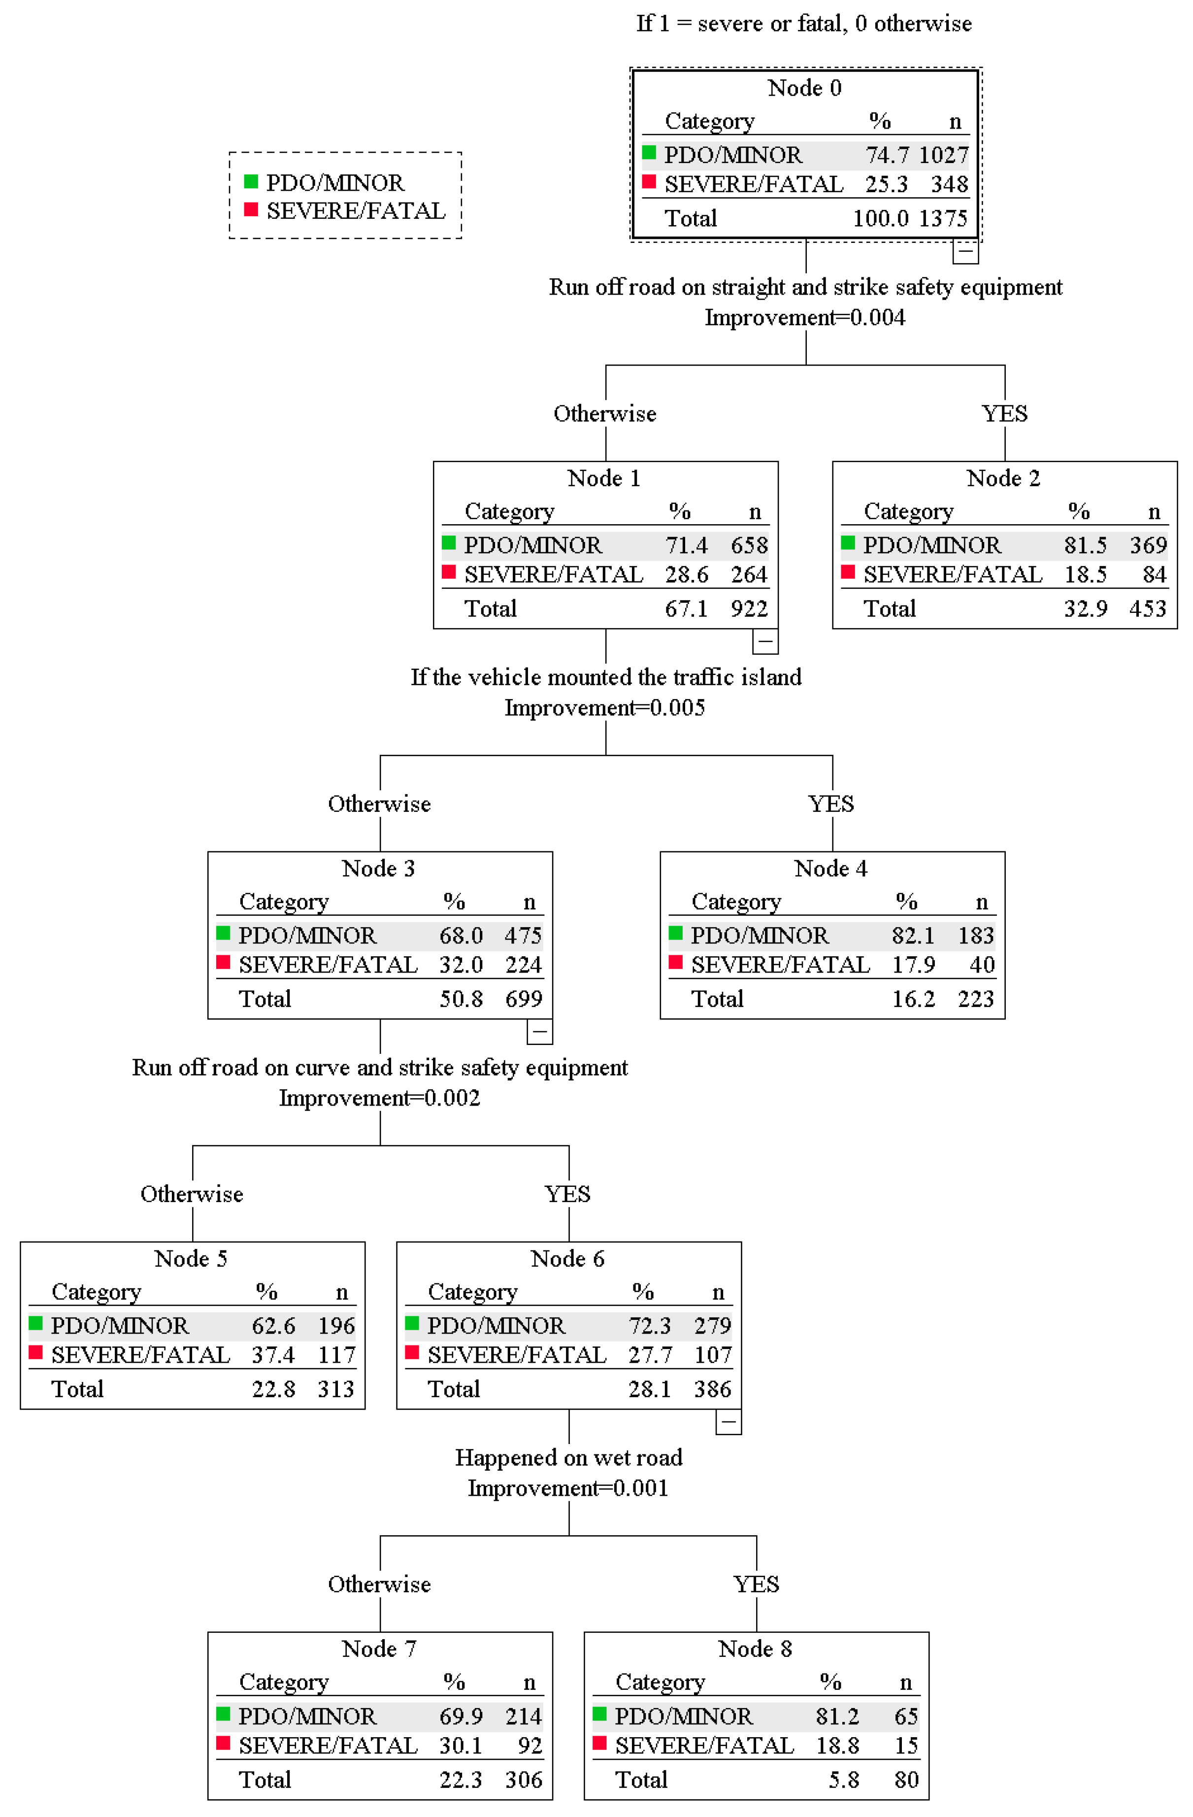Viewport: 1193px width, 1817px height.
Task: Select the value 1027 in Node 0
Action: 943,155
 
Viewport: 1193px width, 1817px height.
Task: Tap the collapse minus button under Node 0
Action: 965,251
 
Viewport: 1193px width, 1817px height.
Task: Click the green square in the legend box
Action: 250,182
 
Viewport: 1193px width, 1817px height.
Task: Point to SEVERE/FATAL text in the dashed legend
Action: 356,211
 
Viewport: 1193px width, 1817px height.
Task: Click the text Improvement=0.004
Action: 804,318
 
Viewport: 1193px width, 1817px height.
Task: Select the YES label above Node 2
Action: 1004,414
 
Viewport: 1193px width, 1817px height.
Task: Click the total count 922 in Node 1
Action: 748,608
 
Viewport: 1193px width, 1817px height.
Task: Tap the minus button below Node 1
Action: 765,641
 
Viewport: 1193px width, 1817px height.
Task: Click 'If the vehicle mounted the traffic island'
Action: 605,677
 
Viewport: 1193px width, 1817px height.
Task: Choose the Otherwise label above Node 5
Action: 192,1194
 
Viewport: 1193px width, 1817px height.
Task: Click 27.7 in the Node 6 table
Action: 650,1355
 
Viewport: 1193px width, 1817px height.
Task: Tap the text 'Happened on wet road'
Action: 568,1457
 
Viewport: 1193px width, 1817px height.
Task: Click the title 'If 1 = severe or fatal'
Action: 804,24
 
